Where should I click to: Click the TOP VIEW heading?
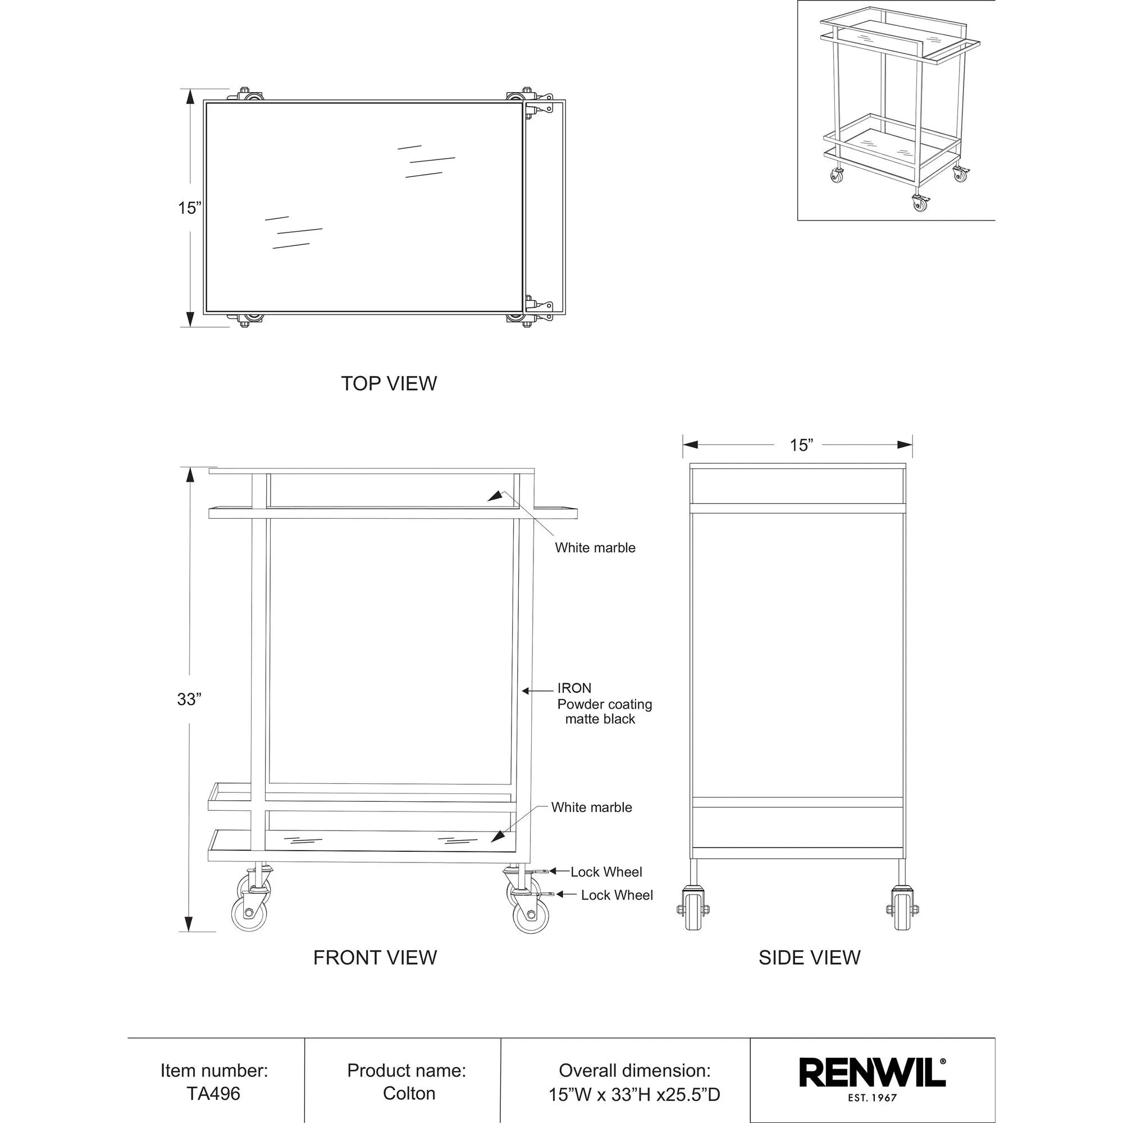pos(389,384)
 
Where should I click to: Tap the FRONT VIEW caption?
pos(375,957)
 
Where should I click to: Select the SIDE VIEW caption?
pos(809,957)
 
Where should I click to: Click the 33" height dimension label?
pos(189,699)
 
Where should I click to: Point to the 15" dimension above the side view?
pos(801,445)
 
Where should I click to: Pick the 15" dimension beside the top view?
pos(189,208)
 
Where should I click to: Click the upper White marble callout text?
pos(595,547)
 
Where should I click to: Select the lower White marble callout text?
pos(591,807)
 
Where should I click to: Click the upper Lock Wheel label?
pos(606,872)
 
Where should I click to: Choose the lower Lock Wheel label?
pos(617,895)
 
